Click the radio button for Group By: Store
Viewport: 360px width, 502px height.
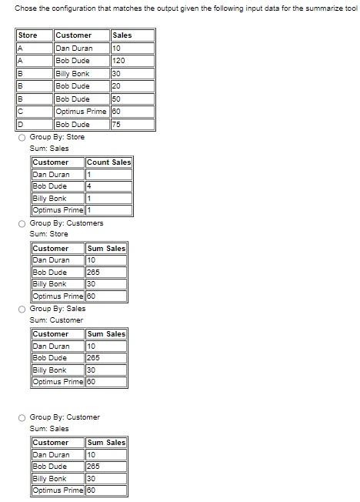22,137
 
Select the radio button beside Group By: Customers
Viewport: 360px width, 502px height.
22,223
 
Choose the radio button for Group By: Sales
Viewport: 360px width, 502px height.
22,309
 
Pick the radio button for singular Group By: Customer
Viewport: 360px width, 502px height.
22,417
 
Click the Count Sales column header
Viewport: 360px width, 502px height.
108,162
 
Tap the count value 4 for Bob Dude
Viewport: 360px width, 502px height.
90,186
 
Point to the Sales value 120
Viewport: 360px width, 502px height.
118,60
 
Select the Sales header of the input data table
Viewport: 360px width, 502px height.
122,35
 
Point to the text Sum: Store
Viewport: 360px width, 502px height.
48,234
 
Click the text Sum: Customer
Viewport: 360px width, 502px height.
56,320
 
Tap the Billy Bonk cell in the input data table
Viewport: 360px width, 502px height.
72,73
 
